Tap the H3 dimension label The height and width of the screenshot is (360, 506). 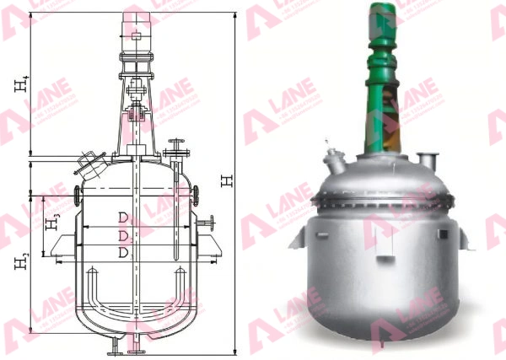[x=52, y=222]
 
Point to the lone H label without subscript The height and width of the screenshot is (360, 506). [x=224, y=180]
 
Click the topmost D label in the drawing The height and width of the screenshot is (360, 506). [x=122, y=218]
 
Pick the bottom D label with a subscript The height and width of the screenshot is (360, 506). [x=123, y=252]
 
